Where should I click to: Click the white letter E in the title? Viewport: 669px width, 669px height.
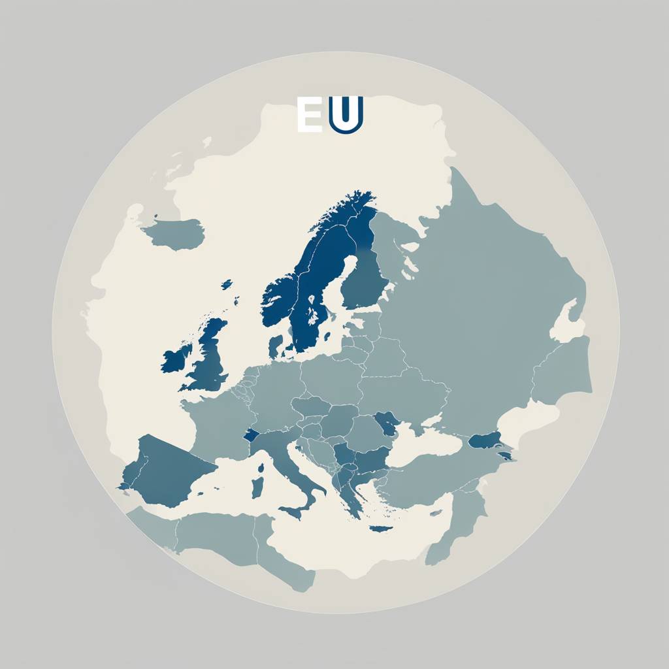pos(308,115)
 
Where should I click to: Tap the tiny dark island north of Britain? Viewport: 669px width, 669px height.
pos(227,285)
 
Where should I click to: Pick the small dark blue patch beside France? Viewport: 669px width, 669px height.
pos(251,434)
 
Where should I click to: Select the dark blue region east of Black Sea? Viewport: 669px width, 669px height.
pos(485,439)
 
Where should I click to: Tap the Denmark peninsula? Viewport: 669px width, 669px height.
pos(276,347)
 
